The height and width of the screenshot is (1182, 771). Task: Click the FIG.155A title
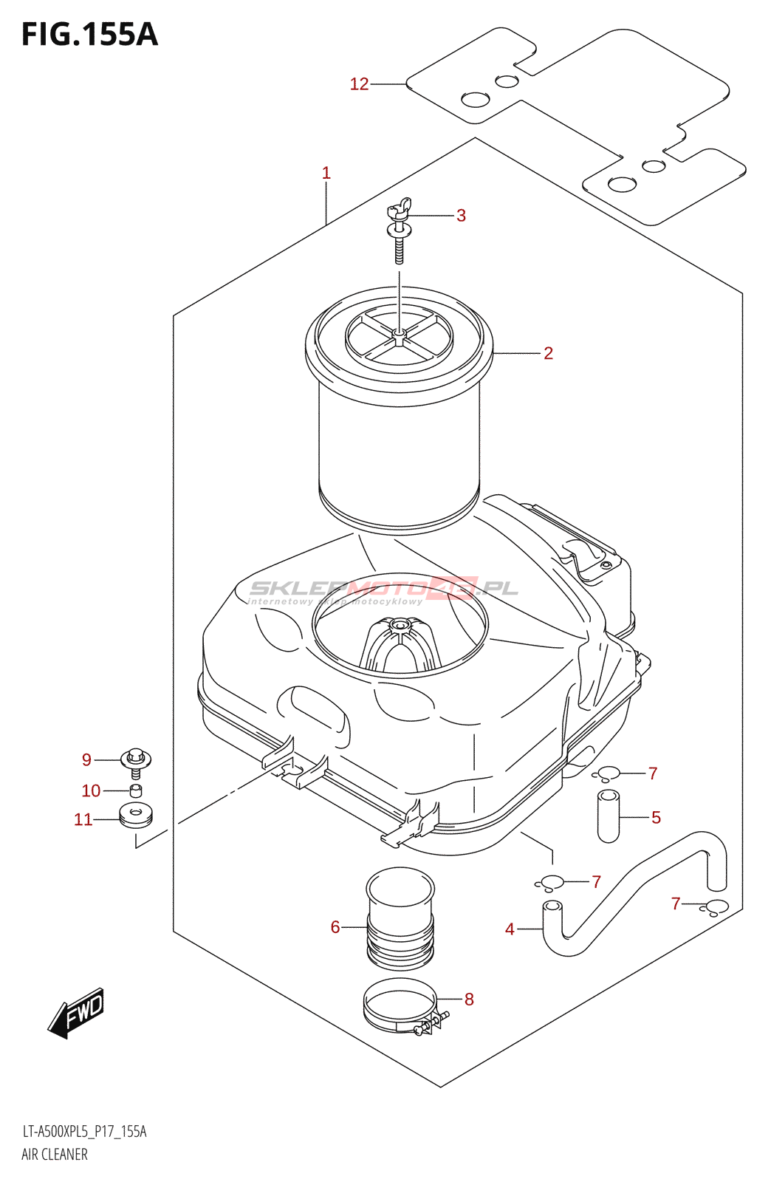coord(89,35)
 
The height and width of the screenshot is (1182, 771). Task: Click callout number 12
coord(359,84)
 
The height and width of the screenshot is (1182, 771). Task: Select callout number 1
coord(326,173)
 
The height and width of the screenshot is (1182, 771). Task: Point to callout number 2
coord(548,353)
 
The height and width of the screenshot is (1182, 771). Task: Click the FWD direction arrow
coord(77,1012)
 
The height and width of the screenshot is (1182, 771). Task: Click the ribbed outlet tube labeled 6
coord(400,920)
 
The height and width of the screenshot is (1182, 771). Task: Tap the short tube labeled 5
coord(608,816)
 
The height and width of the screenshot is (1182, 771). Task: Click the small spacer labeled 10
coord(136,791)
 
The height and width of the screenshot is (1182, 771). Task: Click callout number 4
coord(510,929)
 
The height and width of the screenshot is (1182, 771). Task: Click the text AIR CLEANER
coord(55,1154)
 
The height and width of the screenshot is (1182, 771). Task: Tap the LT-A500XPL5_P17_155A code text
coord(84,1132)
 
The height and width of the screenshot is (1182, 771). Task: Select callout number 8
coord(469,1000)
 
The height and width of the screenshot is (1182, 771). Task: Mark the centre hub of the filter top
coord(399,336)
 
